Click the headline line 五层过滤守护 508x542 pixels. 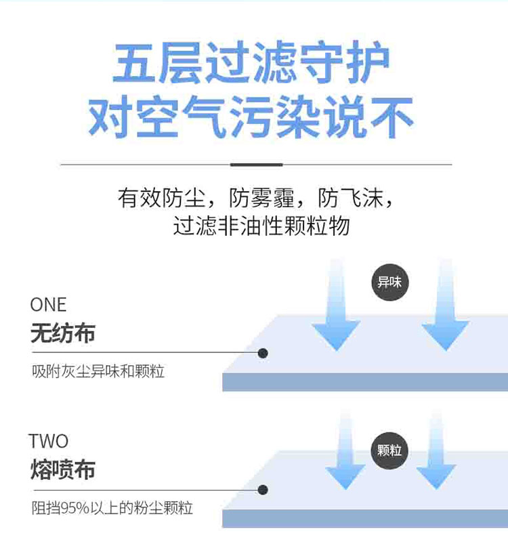(x=251, y=65)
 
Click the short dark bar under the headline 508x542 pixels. (x=256, y=165)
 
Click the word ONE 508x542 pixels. (x=49, y=305)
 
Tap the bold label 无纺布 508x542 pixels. (x=63, y=333)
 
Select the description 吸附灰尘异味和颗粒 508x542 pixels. (x=98, y=372)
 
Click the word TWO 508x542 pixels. (x=49, y=441)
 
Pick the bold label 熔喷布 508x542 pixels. (x=63, y=470)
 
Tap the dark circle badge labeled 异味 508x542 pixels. (x=389, y=282)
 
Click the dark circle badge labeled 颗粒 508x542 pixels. (x=389, y=450)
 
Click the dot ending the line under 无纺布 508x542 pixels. (x=263, y=353)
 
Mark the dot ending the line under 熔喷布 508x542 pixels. (x=263, y=489)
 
